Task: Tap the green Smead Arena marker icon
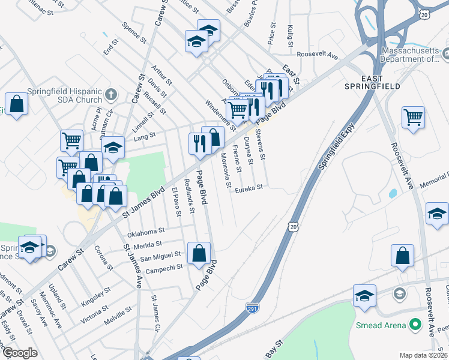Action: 414,325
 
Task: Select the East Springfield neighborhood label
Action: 380,82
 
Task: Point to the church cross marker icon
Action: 111,94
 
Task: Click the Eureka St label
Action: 249,188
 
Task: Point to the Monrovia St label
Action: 225,170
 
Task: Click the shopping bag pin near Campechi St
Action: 199,253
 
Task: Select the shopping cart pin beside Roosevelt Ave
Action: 413,118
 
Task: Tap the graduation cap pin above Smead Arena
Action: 364,296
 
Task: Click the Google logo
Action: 20,352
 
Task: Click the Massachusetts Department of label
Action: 410,55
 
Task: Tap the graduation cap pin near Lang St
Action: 112,148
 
